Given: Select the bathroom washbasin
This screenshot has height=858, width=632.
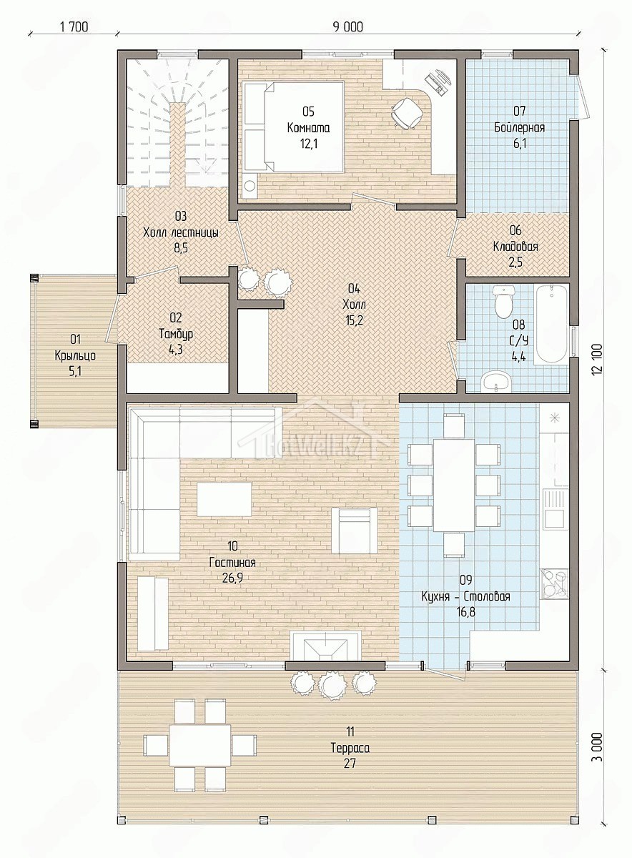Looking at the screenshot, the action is pyautogui.click(x=496, y=380).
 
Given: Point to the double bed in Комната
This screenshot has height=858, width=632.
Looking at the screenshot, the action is pyautogui.click(x=293, y=127).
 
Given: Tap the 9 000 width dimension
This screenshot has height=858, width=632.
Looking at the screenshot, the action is pyautogui.click(x=347, y=27).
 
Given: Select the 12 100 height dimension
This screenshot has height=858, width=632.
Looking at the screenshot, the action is pyautogui.click(x=598, y=359).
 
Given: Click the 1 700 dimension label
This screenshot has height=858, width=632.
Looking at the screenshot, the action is pyautogui.click(x=74, y=27).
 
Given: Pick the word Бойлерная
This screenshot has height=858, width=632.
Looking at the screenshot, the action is pyautogui.click(x=519, y=127).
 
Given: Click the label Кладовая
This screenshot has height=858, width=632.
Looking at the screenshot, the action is pyautogui.click(x=515, y=246).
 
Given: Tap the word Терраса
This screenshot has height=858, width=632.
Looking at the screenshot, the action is pyautogui.click(x=350, y=748).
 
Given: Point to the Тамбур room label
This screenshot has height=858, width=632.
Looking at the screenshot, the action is pyautogui.click(x=176, y=334).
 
